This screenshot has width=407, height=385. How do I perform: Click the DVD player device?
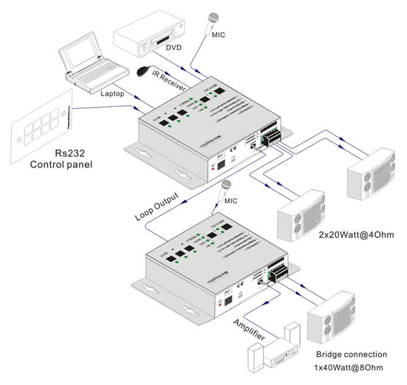(x=149, y=36)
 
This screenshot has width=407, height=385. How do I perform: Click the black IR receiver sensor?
(x=143, y=72)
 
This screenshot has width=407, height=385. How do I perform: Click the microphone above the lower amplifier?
(x=227, y=186)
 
